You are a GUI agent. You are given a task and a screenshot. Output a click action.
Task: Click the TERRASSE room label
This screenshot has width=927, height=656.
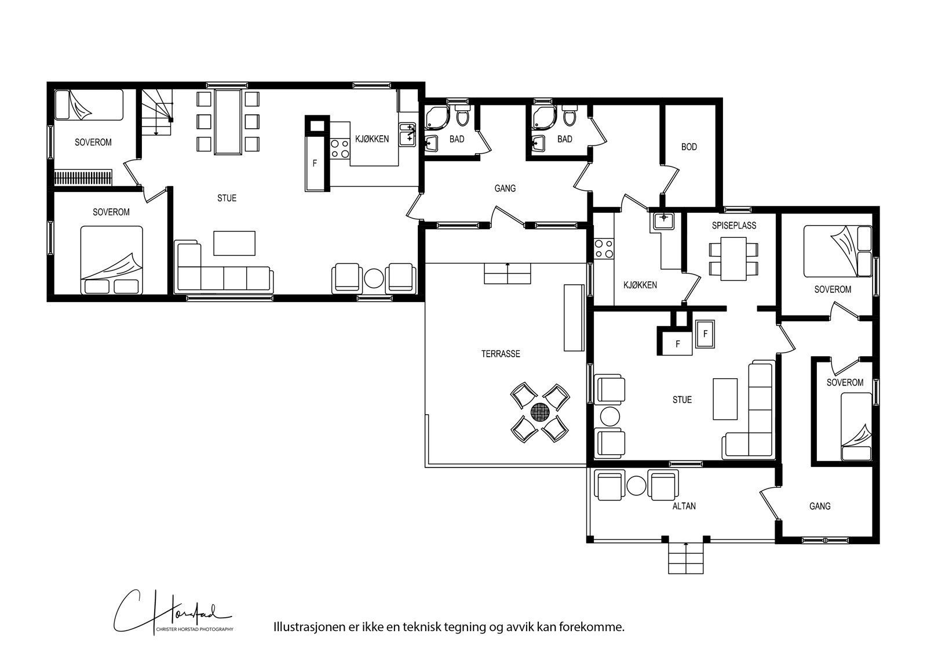click(501, 353)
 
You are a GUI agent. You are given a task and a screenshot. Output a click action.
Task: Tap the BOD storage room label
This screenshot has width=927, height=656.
click(689, 147)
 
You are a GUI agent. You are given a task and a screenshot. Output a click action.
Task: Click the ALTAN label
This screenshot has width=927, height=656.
click(684, 506)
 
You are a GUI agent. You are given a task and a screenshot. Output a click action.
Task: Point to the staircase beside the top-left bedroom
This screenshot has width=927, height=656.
click(156, 112)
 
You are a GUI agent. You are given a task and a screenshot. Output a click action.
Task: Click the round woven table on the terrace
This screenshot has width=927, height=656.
click(541, 413)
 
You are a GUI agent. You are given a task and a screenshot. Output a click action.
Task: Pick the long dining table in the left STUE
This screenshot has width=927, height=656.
click(228, 122)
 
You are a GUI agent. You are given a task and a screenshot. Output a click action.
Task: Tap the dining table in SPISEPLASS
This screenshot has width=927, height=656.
click(733, 259)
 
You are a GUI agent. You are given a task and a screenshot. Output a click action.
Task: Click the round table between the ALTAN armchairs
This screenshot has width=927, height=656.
click(636, 485)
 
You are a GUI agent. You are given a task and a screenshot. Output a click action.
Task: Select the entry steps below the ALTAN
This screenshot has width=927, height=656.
click(686, 558)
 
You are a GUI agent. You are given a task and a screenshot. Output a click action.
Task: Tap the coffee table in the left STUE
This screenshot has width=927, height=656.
click(234, 243)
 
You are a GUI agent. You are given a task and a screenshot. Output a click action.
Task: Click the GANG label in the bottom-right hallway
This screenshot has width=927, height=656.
click(820, 506)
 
